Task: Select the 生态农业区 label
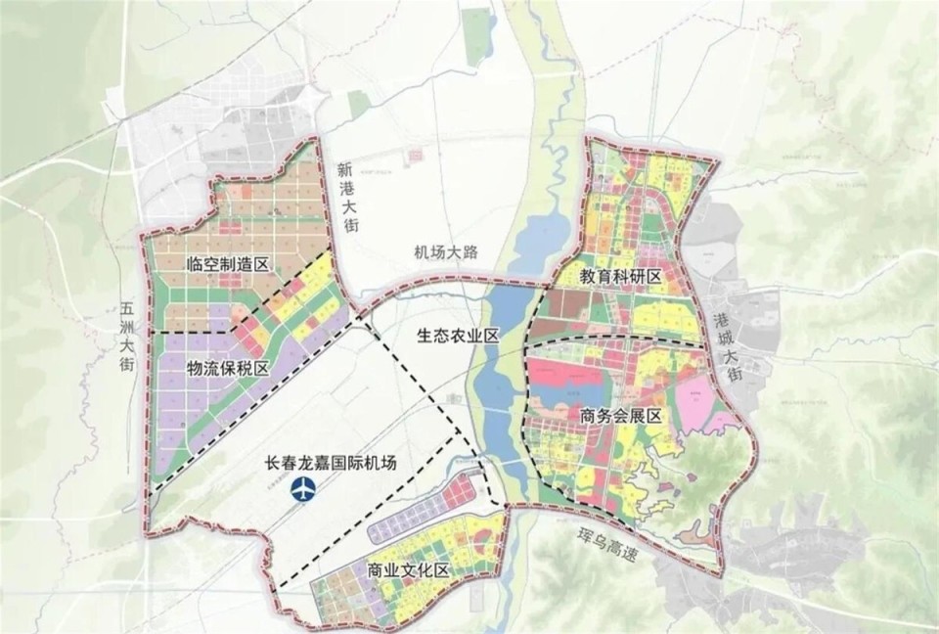[458, 336]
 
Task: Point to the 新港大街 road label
[347, 197]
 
